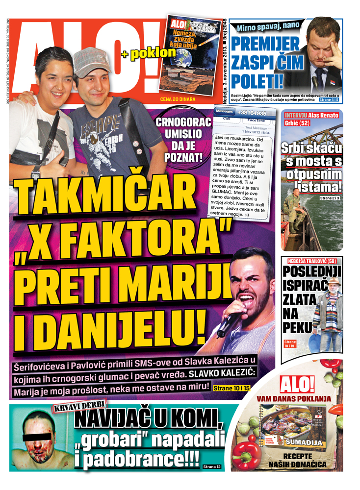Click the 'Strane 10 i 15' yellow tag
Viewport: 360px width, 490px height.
click(231, 388)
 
